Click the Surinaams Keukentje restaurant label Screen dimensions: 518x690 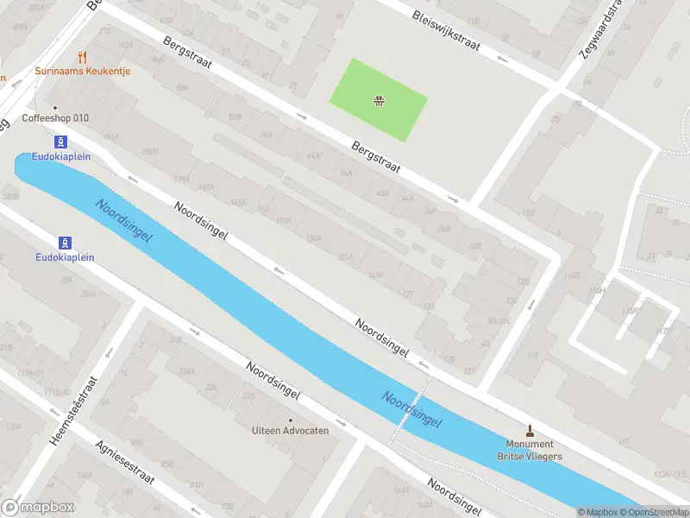(x=83, y=71)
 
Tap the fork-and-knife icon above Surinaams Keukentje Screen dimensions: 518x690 (x=83, y=57)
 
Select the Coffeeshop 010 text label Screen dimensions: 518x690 (x=55, y=118)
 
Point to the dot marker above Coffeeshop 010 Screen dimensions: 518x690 (x=55, y=108)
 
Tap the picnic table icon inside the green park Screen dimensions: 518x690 (x=378, y=101)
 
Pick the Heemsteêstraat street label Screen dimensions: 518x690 (x=74, y=411)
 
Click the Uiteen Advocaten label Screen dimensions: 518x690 (x=290, y=431)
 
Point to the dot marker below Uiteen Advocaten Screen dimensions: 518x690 (x=290, y=443)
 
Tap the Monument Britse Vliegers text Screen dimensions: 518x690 (x=530, y=450)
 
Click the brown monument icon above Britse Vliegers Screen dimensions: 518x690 (x=530, y=430)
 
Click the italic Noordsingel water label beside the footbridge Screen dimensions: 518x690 (x=412, y=409)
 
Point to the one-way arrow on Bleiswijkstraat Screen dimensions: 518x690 (x=503, y=59)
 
